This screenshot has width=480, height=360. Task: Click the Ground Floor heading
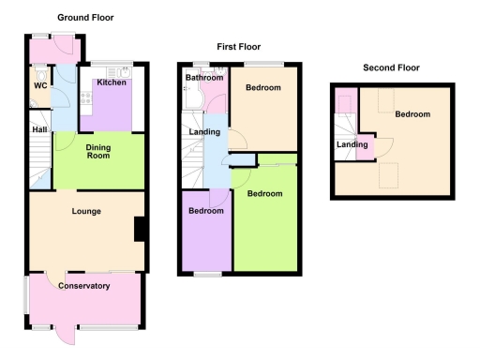[85, 18]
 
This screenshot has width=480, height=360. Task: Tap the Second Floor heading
[391, 67]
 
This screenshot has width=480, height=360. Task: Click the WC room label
[40, 86]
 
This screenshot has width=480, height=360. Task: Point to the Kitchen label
[112, 82]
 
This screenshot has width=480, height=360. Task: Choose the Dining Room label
[98, 151]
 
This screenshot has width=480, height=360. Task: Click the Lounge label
[86, 212]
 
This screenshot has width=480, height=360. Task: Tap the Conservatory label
[83, 285]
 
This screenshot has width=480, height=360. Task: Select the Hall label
[39, 130]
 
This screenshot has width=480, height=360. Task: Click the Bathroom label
[202, 77]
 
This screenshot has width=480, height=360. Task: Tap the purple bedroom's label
[206, 211]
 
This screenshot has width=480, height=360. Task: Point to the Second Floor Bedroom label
[412, 114]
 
